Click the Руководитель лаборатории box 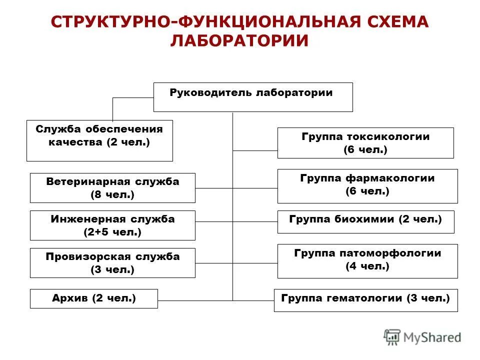[x=252, y=97]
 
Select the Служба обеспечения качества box [x=99, y=140]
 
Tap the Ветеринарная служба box [x=112, y=188]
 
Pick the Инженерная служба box [x=112, y=225]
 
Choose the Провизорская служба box [x=112, y=263]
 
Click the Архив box [x=94, y=298]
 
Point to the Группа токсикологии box [x=365, y=143]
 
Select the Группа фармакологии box [x=367, y=186]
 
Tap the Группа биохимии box [x=366, y=222]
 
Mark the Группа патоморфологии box [x=367, y=261]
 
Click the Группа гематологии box [x=365, y=300]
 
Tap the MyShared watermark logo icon [x=392, y=337]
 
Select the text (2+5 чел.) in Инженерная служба [x=112, y=232]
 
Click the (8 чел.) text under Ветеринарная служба [x=112, y=195]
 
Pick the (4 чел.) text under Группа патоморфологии [x=367, y=266]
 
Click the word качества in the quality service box [x=76, y=142]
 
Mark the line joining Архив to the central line [x=195, y=300]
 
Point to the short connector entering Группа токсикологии [x=255, y=150]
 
